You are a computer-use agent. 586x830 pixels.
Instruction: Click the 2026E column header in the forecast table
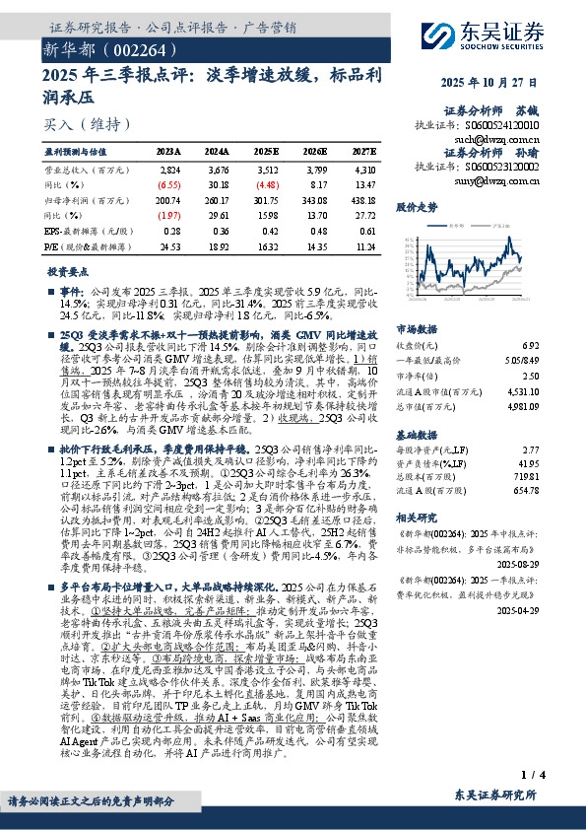[313, 151]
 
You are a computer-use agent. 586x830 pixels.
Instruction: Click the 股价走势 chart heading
[416, 209]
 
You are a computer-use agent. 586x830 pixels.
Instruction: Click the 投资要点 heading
[66, 270]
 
